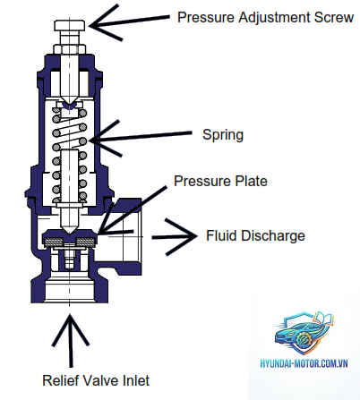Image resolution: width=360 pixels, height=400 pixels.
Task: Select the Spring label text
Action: pos(223,135)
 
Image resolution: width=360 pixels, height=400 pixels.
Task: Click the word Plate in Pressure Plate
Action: pos(251,181)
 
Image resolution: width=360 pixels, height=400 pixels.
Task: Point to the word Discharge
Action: pos(273,235)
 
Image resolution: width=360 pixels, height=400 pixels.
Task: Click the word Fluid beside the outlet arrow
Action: pos(222,235)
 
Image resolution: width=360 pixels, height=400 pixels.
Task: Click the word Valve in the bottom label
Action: pos(100,380)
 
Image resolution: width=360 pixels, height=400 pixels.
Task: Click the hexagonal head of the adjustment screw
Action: pos(70,25)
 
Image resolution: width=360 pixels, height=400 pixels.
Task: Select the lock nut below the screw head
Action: pos(70,49)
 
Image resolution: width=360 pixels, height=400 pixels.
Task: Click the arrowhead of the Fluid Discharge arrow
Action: pos(182,236)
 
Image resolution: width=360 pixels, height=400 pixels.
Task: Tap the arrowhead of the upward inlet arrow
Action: pos(71,328)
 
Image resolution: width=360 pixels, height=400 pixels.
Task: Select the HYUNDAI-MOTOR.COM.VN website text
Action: pos(304,363)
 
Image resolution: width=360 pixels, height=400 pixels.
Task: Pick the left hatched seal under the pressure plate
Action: pos(54,241)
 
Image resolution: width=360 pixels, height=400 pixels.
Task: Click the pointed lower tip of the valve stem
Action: pos(70,234)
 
